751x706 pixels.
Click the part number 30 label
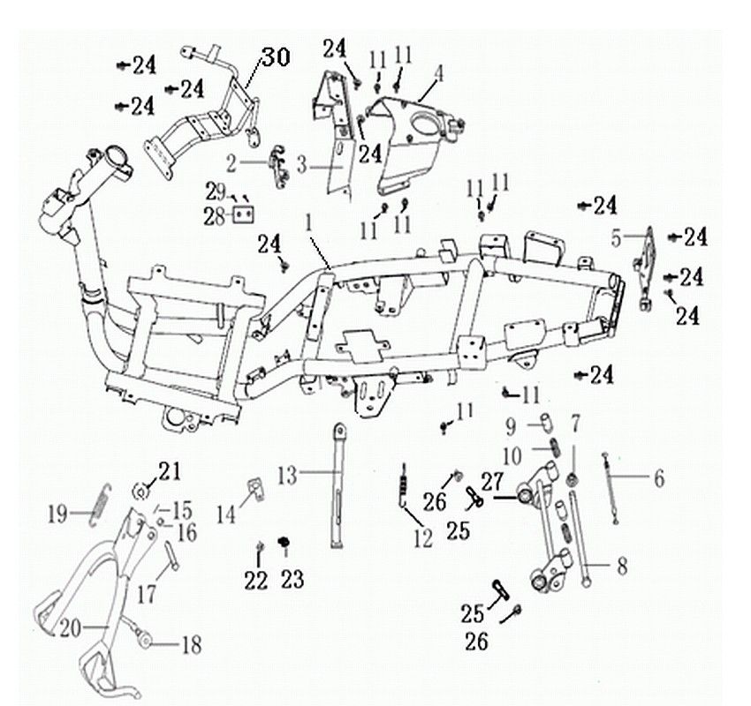coord(276,58)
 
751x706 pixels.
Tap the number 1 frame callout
coord(309,223)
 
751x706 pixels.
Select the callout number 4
coord(437,73)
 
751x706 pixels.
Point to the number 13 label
coord(287,476)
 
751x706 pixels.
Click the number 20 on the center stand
coord(70,628)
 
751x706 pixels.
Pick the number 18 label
coord(191,645)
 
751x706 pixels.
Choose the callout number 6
coord(659,478)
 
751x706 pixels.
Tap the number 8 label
coord(622,567)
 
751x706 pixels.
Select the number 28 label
coord(214,218)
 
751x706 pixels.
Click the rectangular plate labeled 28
coord(242,214)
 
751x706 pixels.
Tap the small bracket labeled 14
coord(257,488)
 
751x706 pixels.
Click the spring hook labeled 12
coord(405,484)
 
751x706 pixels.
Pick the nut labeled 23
coord(284,542)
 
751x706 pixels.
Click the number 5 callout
coord(617,238)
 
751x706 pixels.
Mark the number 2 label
coord(231,165)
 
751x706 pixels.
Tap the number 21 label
coord(170,471)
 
